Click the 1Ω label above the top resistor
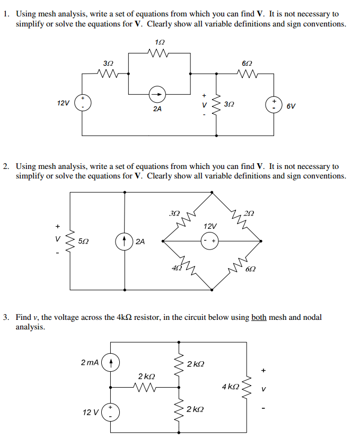(160, 42)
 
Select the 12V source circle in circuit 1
(82, 103)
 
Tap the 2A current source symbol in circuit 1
(157, 95)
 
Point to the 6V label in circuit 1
(291, 106)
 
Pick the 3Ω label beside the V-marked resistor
(229, 104)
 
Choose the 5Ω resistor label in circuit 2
(84, 242)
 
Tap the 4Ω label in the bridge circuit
(175, 269)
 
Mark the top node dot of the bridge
(212, 192)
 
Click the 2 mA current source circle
(110, 363)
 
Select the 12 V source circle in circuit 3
(110, 412)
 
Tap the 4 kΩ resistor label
(230, 387)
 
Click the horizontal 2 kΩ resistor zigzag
(146, 387)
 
